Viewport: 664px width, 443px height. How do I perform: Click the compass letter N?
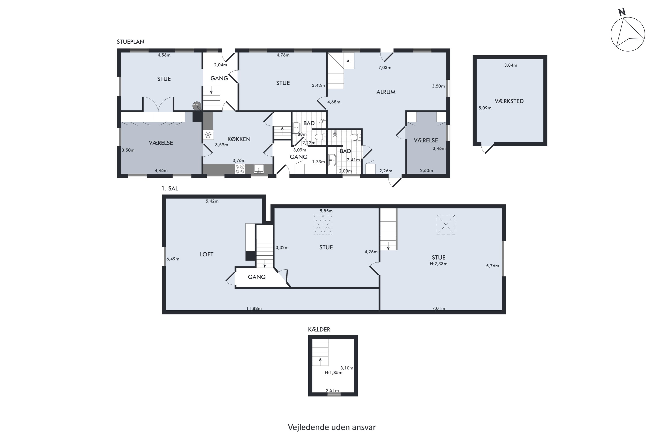coord(622,12)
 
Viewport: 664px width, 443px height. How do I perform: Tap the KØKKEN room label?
coord(239,139)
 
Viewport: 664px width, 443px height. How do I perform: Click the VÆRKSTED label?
coord(509,101)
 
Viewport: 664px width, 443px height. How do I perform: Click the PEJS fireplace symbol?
coord(197,106)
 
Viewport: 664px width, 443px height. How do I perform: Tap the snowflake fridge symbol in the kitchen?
coord(208,135)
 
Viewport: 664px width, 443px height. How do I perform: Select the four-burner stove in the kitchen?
coord(240,169)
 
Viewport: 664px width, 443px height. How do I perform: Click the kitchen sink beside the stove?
coord(259,169)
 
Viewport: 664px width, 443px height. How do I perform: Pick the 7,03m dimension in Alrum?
coord(385,68)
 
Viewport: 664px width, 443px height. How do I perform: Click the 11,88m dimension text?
coord(254,308)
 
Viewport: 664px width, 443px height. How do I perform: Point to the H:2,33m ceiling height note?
coord(438,264)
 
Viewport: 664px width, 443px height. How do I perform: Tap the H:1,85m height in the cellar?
coord(333,373)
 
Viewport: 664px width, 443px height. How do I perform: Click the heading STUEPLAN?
coord(130,42)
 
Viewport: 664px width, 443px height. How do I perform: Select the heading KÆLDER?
coord(319,329)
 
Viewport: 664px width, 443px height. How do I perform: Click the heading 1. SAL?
coord(170,188)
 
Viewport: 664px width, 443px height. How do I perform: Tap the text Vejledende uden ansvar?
coord(332,427)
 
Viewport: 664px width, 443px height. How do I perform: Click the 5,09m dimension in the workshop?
coord(485,108)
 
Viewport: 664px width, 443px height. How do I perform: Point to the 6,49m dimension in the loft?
coord(173,259)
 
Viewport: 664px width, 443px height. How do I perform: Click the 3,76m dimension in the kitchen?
coord(239,160)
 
